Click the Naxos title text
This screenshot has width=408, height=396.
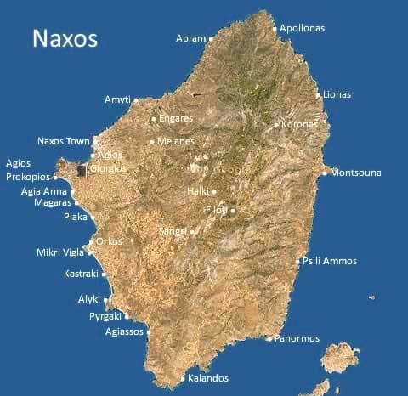[65, 38]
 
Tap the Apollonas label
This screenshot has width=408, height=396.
[303, 28]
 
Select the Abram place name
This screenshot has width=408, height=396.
[190, 38]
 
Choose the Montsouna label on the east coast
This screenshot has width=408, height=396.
[355, 173]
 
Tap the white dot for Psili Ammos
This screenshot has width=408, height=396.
[297, 261]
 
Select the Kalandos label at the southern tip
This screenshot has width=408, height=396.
[208, 378]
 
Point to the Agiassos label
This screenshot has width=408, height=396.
[124, 332]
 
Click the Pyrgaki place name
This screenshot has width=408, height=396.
[106, 316]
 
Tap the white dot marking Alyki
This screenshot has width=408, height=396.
[106, 300]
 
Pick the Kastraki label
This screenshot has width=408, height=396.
[82, 274]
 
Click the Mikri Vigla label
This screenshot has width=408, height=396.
[60, 252]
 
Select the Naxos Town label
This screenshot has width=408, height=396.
[64, 141]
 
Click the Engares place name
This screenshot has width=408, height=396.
[176, 118]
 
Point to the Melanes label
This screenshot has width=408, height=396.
[176, 141]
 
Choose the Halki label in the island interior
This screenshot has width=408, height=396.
[197, 191]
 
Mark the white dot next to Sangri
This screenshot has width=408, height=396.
[193, 231]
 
